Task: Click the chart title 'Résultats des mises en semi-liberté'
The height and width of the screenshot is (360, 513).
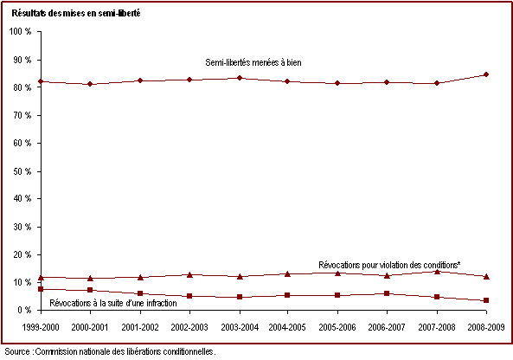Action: (76, 13)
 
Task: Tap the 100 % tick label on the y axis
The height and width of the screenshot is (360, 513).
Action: (20, 31)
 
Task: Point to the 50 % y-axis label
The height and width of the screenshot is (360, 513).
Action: (22, 171)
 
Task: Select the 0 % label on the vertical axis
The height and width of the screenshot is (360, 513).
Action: (24, 310)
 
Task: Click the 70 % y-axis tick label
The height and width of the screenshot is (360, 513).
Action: (22, 115)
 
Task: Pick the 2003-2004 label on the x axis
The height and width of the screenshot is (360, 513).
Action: (240, 327)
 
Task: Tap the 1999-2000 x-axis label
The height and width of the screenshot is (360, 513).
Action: (41, 327)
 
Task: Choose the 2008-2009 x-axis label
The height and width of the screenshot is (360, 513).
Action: (486, 327)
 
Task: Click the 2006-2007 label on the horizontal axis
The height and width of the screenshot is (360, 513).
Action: (387, 327)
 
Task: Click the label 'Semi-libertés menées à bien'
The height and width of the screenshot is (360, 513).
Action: (253, 62)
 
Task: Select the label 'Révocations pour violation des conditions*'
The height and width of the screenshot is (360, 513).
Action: (389, 265)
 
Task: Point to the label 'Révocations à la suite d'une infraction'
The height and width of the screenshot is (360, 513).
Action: (113, 303)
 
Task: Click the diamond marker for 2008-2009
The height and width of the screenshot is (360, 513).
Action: (486, 74)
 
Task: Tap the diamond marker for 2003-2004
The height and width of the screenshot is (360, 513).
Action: (240, 78)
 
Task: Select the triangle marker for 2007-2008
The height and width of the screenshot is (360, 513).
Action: (437, 272)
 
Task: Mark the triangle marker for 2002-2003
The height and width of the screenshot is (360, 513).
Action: (189, 275)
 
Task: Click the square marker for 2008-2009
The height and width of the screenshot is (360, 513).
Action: (486, 300)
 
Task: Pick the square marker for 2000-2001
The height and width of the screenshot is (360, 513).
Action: (90, 290)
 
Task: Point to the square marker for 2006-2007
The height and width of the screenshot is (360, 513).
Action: (387, 293)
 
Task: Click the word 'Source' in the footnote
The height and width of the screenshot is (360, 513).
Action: (17, 352)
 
